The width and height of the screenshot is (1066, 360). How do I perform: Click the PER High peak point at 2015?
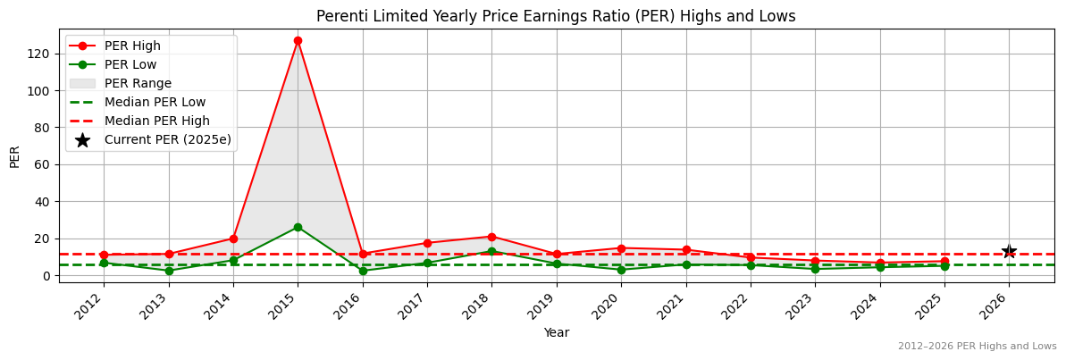point(298,40)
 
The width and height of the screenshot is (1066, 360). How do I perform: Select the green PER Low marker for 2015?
point(298,227)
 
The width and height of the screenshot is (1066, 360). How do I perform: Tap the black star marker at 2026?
point(1009,252)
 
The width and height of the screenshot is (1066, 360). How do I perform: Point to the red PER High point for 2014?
point(233,239)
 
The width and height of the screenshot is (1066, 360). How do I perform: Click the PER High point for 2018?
point(491,237)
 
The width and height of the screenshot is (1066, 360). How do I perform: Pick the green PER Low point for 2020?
point(621,270)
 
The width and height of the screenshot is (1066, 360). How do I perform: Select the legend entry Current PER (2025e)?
point(167,139)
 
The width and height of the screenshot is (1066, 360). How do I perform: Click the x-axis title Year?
point(557,332)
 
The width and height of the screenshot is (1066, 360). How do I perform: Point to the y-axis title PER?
point(14,156)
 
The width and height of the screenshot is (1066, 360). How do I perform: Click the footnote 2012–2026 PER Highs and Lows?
point(977,346)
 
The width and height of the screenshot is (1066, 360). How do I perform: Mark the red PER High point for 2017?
point(427,243)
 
